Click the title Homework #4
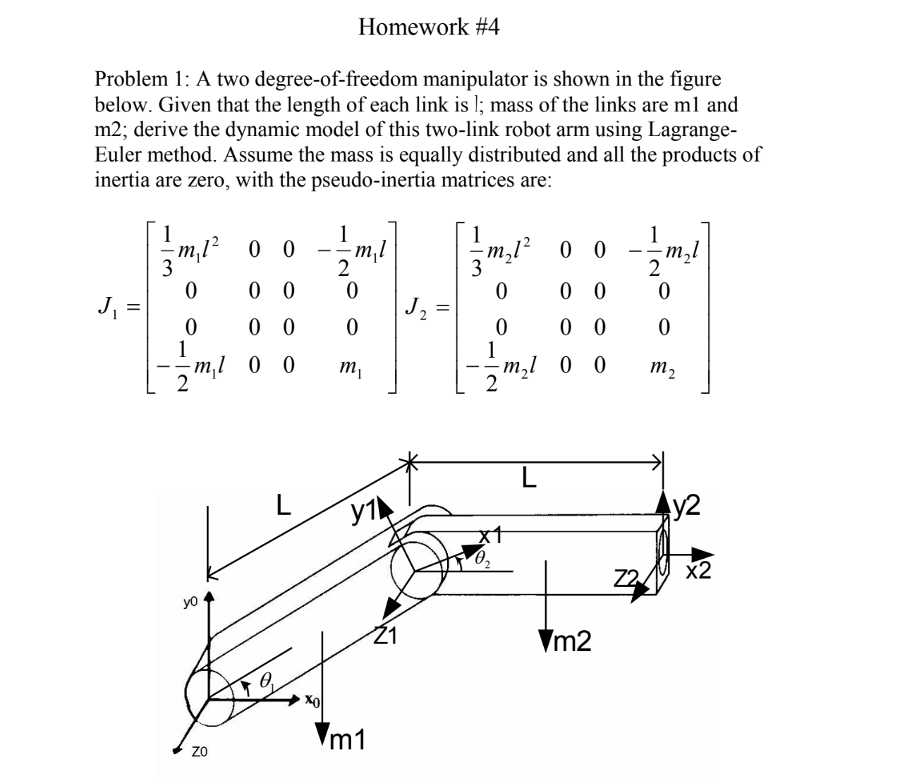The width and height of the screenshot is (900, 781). pyautogui.click(x=429, y=28)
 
